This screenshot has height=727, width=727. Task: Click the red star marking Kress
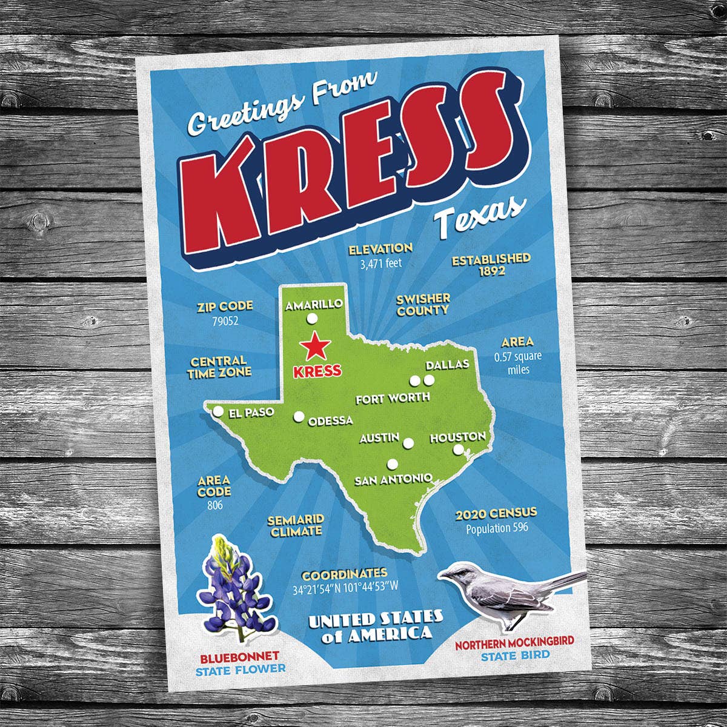pos(316,347)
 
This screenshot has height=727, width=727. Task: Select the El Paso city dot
pos(217,412)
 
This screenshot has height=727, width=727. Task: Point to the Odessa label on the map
pos(330,420)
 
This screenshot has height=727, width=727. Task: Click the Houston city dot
pos(459,450)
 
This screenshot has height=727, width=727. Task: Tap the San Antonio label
pos(393,480)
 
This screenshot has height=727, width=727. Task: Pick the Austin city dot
pos(408,443)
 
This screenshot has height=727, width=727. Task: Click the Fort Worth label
pos(393,398)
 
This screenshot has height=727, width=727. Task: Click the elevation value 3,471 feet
pos(380,264)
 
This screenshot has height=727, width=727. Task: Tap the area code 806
pos(214,505)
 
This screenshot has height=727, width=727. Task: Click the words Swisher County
pos(423,305)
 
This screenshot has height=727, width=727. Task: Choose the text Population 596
pos(497,528)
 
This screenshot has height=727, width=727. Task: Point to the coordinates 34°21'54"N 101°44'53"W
pos(345,588)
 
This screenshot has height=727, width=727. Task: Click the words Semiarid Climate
pos(296,526)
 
